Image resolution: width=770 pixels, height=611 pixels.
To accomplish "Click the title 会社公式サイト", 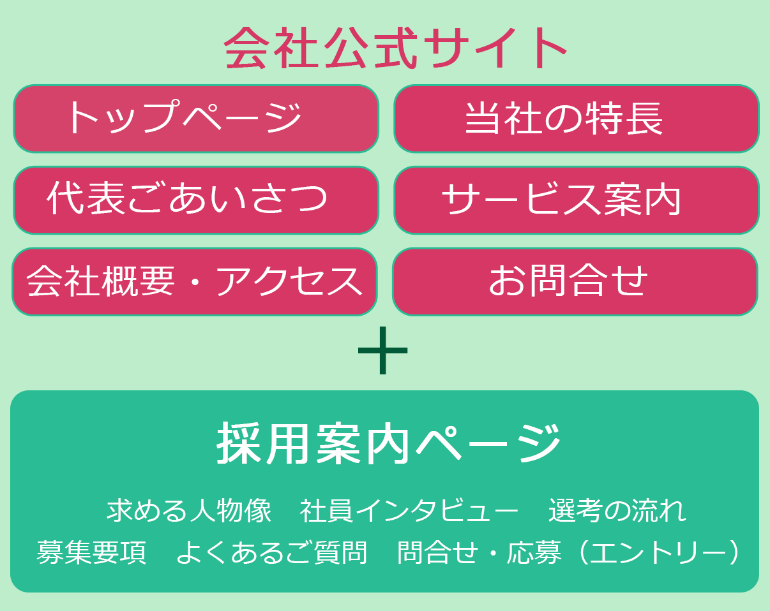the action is click(x=395, y=48).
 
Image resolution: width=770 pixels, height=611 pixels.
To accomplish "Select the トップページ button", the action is click(x=196, y=119).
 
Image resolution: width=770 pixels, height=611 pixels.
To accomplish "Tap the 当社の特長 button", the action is click(x=577, y=119).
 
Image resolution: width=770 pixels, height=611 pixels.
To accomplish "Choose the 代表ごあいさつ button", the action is click(x=196, y=200).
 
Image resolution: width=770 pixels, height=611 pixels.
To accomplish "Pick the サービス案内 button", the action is click(x=577, y=200).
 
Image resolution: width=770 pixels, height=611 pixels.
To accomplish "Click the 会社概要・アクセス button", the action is click(x=195, y=282).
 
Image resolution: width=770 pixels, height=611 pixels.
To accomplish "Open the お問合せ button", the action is click(x=575, y=282).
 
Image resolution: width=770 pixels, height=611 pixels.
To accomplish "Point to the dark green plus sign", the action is click(x=383, y=350).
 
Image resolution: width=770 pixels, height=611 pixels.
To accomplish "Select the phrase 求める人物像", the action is click(x=189, y=511).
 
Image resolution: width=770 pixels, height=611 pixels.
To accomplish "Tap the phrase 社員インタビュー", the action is click(x=409, y=511).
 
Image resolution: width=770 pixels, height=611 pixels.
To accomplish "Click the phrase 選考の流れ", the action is click(x=617, y=511).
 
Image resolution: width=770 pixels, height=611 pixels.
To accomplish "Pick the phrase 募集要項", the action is click(x=91, y=552).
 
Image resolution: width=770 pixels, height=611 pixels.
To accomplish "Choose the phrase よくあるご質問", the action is click(x=271, y=552).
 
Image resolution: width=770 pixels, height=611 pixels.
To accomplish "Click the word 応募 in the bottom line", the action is click(x=534, y=552).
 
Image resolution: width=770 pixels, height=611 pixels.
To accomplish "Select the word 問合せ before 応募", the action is click(x=438, y=552).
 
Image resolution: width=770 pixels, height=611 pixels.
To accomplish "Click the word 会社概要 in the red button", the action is click(x=100, y=281).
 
